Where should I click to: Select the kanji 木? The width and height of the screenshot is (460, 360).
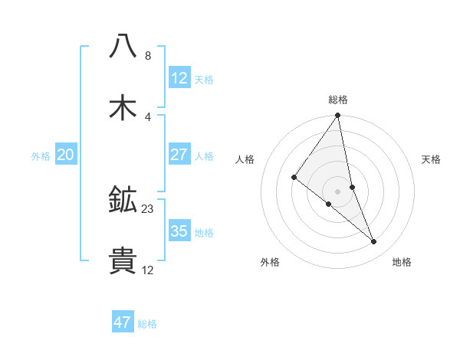[x=123, y=107]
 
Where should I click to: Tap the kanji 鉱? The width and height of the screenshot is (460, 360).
[x=123, y=200]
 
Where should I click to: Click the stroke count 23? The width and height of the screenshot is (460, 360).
[x=148, y=208]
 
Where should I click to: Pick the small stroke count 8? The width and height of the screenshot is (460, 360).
[x=147, y=56]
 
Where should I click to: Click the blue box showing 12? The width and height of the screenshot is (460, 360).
[x=179, y=77]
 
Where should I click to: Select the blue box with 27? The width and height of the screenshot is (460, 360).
[x=179, y=154]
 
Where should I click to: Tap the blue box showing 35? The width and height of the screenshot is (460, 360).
[x=179, y=231]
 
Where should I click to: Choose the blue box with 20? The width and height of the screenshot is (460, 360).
[x=66, y=155]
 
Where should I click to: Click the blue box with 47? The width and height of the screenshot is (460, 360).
[x=123, y=322]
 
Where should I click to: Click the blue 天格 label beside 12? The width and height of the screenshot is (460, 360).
[x=204, y=79]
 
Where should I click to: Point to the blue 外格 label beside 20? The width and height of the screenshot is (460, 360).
[x=41, y=155]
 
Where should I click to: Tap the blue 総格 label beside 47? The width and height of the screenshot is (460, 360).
[x=147, y=324]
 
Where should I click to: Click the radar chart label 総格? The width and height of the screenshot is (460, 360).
[x=338, y=100]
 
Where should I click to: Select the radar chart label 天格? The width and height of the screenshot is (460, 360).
[x=431, y=159]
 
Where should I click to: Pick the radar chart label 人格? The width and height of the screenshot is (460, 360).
[x=245, y=159]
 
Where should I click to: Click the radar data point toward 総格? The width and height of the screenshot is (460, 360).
[x=338, y=116]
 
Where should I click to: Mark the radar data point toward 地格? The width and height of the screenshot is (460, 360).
[x=374, y=242]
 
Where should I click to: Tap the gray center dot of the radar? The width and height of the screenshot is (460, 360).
[x=338, y=191]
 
